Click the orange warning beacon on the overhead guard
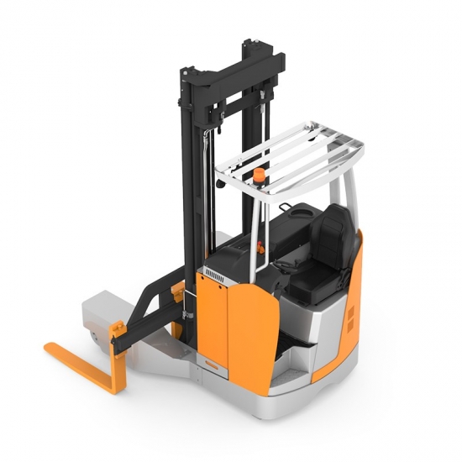click(x=260, y=175)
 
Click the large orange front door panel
click(x=248, y=323)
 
